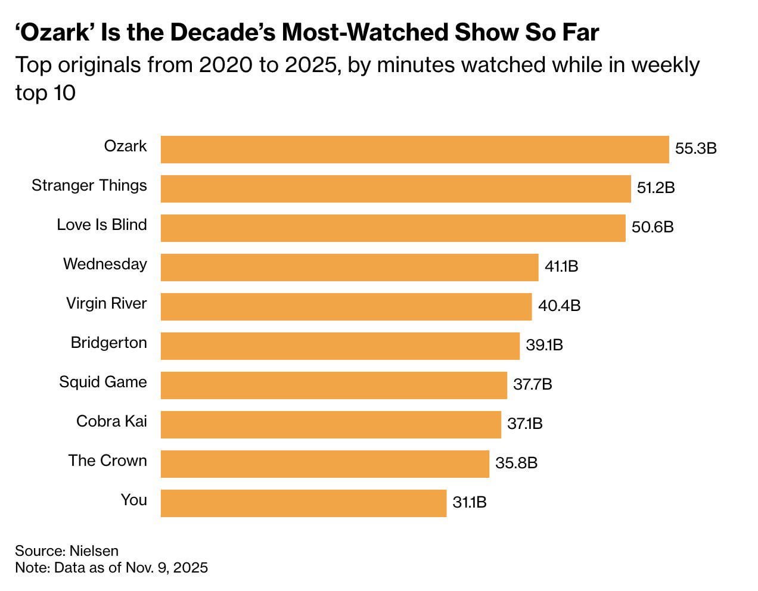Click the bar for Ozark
click(x=415, y=150)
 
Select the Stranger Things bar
click(x=396, y=189)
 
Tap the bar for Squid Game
click(x=334, y=385)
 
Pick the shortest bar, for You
click(x=303, y=503)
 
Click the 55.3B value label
click(x=695, y=148)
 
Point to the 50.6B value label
click(x=653, y=227)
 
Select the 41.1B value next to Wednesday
click(x=561, y=266)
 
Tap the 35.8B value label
click(x=516, y=463)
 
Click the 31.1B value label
click(x=470, y=502)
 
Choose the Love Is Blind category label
click(x=102, y=225)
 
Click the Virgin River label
click(x=106, y=303)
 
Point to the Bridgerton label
click(x=108, y=343)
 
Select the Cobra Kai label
click(x=111, y=421)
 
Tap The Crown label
click(x=107, y=461)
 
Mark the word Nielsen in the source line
click(x=94, y=550)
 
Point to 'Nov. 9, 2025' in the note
click(x=167, y=567)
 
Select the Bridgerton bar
click(x=340, y=346)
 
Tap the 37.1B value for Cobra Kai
click(x=525, y=424)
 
